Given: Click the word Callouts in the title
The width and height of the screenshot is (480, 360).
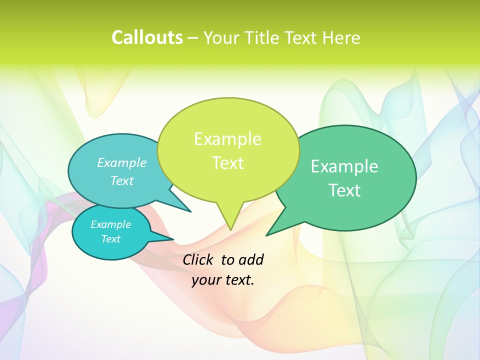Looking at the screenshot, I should click(x=147, y=37).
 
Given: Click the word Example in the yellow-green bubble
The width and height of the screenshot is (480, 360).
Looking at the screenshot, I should click(x=227, y=139).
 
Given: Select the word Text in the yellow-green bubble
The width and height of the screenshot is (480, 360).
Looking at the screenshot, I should click(x=227, y=163).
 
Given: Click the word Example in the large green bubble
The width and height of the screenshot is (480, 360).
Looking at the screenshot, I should click(x=344, y=166).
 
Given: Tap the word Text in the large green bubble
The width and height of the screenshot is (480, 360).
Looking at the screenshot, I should click(x=344, y=190).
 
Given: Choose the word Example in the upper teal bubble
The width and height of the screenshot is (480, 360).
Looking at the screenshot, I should click(x=122, y=162).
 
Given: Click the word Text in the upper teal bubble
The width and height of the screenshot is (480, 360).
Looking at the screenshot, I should click(x=122, y=180).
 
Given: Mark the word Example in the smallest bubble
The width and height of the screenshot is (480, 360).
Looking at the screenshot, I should click(x=111, y=224).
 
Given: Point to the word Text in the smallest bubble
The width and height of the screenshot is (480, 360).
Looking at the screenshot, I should click(x=111, y=239).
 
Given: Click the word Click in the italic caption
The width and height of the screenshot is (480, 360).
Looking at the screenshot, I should click(x=198, y=259).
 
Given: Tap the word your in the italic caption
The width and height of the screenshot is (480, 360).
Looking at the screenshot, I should click(x=205, y=280).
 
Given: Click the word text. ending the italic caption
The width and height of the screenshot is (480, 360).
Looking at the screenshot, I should click(x=238, y=280).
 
